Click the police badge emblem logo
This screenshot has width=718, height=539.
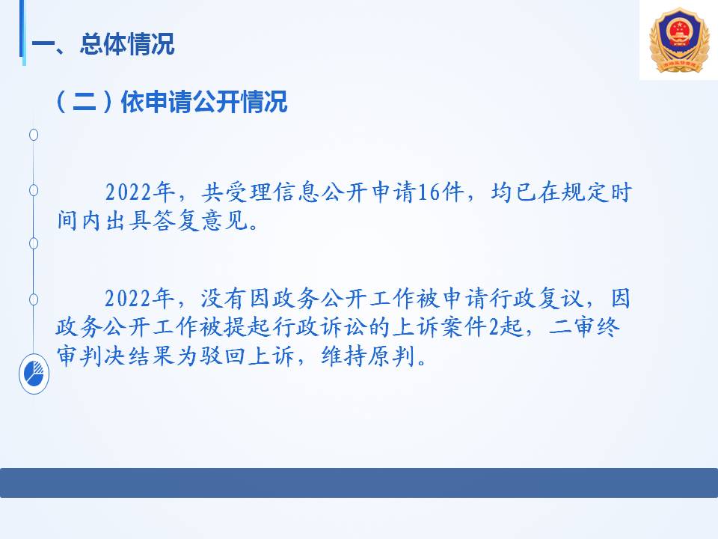[679, 40]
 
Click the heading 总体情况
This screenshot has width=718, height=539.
[127, 44]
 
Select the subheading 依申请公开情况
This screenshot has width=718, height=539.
[203, 101]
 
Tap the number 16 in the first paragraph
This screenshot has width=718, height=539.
[429, 192]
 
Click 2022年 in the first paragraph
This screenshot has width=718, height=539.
[140, 192]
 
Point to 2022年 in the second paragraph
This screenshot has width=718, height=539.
[139, 299]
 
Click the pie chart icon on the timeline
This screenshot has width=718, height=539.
[34, 374]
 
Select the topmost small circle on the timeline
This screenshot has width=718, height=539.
[34, 135]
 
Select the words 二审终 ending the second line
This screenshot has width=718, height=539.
[584, 327]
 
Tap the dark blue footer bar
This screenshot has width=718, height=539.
[359, 483]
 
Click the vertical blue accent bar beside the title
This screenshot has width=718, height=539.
[22, 32]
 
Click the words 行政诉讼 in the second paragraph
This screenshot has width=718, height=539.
[321, 327]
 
